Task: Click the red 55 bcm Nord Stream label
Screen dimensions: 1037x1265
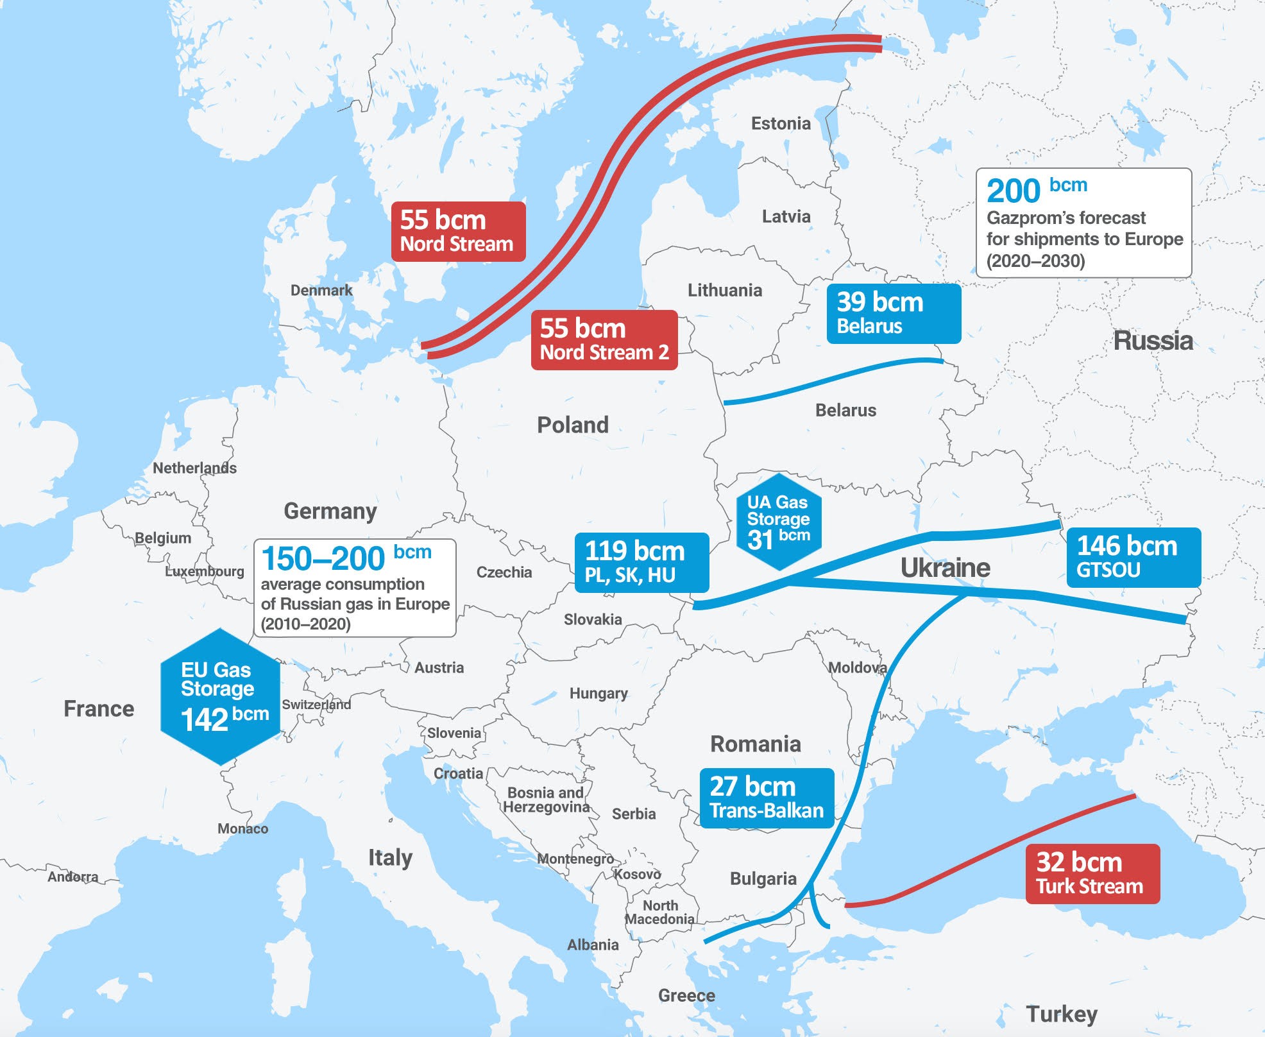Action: (x=458, y=232)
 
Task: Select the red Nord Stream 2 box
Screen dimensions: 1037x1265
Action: (x=604, y=340)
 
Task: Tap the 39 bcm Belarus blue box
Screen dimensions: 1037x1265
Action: (x=893, y=314)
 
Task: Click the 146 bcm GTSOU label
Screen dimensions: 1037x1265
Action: (x=1133, y=557)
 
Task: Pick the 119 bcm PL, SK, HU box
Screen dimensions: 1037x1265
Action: (x=641, y=562)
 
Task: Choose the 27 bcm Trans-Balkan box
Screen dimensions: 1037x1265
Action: (x=767, y=798)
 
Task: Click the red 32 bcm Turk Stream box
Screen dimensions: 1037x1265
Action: (x=1092, y=873)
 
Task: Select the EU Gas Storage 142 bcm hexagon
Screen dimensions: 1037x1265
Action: (x=221, y=697)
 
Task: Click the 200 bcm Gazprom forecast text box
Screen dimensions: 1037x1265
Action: (x=1083, y=223)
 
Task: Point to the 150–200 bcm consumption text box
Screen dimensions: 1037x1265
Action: (x=355, y=588)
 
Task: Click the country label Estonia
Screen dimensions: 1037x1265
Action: (x=781, y=123)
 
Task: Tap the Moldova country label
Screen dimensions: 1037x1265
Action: (x=857, y=667)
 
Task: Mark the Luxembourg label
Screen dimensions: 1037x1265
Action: (x=204, y=571)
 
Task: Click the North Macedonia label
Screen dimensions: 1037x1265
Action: (x=660, y=912)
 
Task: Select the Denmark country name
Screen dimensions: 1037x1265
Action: (x=321, y=290)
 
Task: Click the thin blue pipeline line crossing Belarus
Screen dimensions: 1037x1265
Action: (x=834, y=379)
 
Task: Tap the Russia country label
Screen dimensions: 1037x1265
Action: (x=1153, y=340)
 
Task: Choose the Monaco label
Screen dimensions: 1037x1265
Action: (x=242, y=828)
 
